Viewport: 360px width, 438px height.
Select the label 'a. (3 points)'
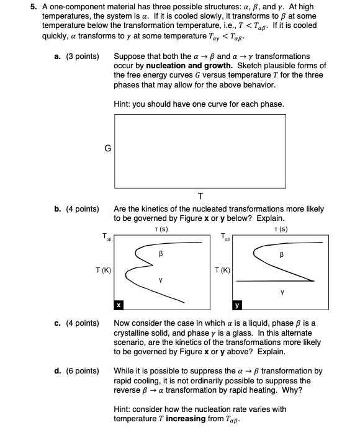pos(76,56)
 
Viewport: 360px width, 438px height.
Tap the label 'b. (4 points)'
pos(76,210)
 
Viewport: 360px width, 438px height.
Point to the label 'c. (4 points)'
pos(76,324)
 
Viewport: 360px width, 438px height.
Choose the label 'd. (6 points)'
pos(76,372)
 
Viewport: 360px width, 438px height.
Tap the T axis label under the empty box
pos(200,196)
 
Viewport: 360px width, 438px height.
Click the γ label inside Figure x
pos(161,280)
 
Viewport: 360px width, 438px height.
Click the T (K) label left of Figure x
pos(103,270)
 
